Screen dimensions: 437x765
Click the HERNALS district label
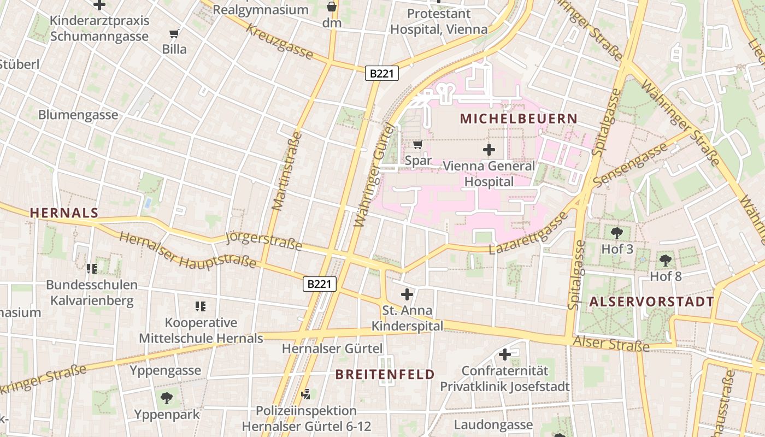64,213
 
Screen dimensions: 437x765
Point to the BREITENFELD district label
385,374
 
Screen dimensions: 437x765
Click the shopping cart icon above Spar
418,145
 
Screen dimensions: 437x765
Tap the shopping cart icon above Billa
174,34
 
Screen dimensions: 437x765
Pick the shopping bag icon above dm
332,7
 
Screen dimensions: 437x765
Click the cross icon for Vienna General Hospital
489,149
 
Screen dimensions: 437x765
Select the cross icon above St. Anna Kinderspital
407,294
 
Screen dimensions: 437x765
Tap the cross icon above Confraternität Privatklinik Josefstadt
505,355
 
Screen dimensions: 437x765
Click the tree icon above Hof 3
617,233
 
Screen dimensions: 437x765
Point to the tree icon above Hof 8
665,260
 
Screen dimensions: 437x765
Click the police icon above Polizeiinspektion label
307,394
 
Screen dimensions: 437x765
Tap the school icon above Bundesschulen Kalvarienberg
91,268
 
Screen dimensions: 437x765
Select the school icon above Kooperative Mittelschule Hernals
201,306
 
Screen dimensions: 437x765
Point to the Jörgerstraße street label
263,240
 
